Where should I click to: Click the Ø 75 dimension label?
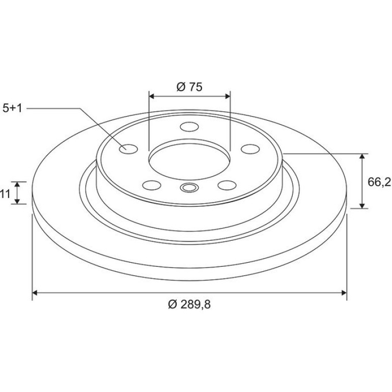tap(189, 87)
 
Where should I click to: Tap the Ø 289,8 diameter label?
tap(189, 304)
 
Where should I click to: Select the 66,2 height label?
tap(379, 182)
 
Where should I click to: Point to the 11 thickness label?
tap(5, 194)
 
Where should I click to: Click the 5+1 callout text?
tap(12, 108)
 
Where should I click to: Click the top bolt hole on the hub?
tap(189, 127)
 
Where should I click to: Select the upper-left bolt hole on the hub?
tap(128, 149)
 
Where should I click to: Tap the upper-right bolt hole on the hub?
tap(250, 149)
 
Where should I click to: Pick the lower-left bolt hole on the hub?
tap(152, 185)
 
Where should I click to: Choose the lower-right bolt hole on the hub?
tap(227, 185)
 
